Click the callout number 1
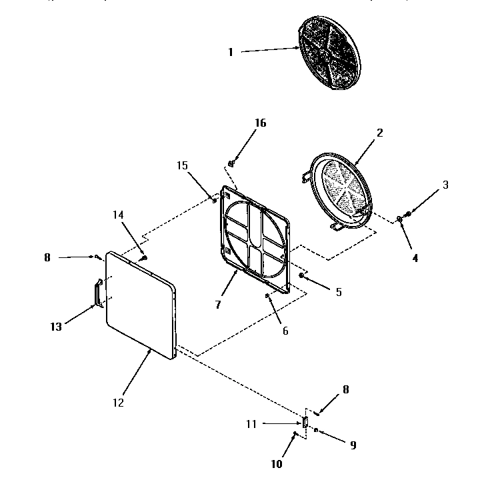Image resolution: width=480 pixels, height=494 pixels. tap(231, 51)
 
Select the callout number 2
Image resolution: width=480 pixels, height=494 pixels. tap(379, 132)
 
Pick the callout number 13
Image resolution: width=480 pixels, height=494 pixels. tap(56, 327)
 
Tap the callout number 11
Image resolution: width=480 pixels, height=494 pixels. tap(251, 423)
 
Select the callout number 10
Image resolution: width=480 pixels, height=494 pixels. tap(277, 464)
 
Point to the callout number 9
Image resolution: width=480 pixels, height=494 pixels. tap(353, 445)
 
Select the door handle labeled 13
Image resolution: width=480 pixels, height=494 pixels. tap(98, 293)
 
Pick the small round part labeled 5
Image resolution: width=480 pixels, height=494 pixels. tap(303, 275)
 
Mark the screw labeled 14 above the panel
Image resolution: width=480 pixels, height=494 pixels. tap(143, 257)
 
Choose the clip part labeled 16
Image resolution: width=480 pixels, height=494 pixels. tap(231, 163)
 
